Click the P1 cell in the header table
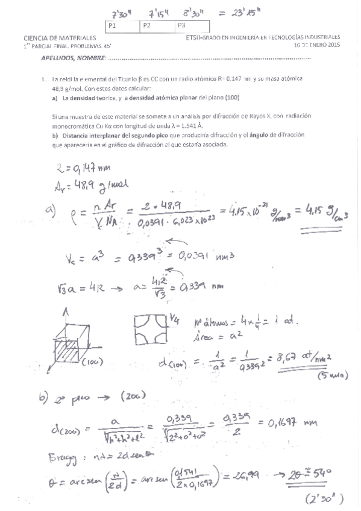pyautogui.click(x=122, y=26)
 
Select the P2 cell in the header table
pyautogui.click(x=158, y=26)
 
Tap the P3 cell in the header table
pyautogui.click(x=193, y=26)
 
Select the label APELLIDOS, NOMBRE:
pyautogui.click(x=72, y=58)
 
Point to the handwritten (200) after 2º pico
pyautogui.click(x=131, y=396)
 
